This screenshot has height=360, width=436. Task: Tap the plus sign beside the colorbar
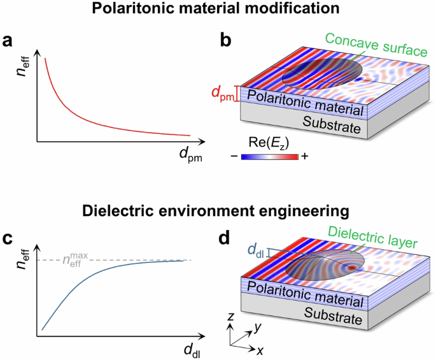point(304,157)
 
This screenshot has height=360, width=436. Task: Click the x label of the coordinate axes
point(261,351)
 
